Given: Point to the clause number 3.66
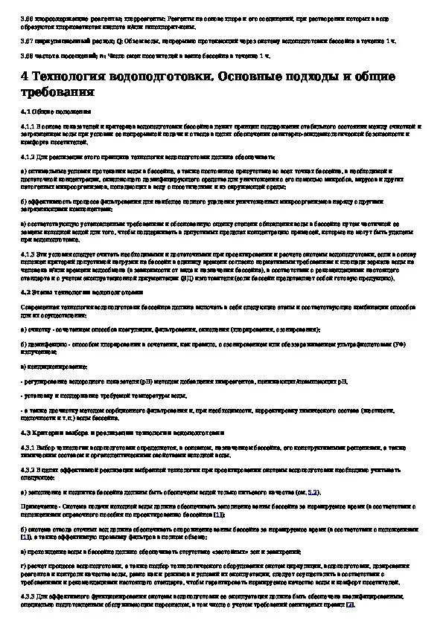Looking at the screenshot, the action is (27, 12).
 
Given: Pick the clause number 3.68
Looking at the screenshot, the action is (27, 54).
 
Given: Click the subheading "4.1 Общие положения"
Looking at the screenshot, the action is (56, 110).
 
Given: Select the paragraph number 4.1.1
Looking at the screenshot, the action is (29, 127).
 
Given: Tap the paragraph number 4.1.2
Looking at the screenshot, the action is (29, 156).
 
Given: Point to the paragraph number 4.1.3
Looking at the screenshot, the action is (29, 254).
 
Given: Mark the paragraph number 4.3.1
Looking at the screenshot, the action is (29, 449).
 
